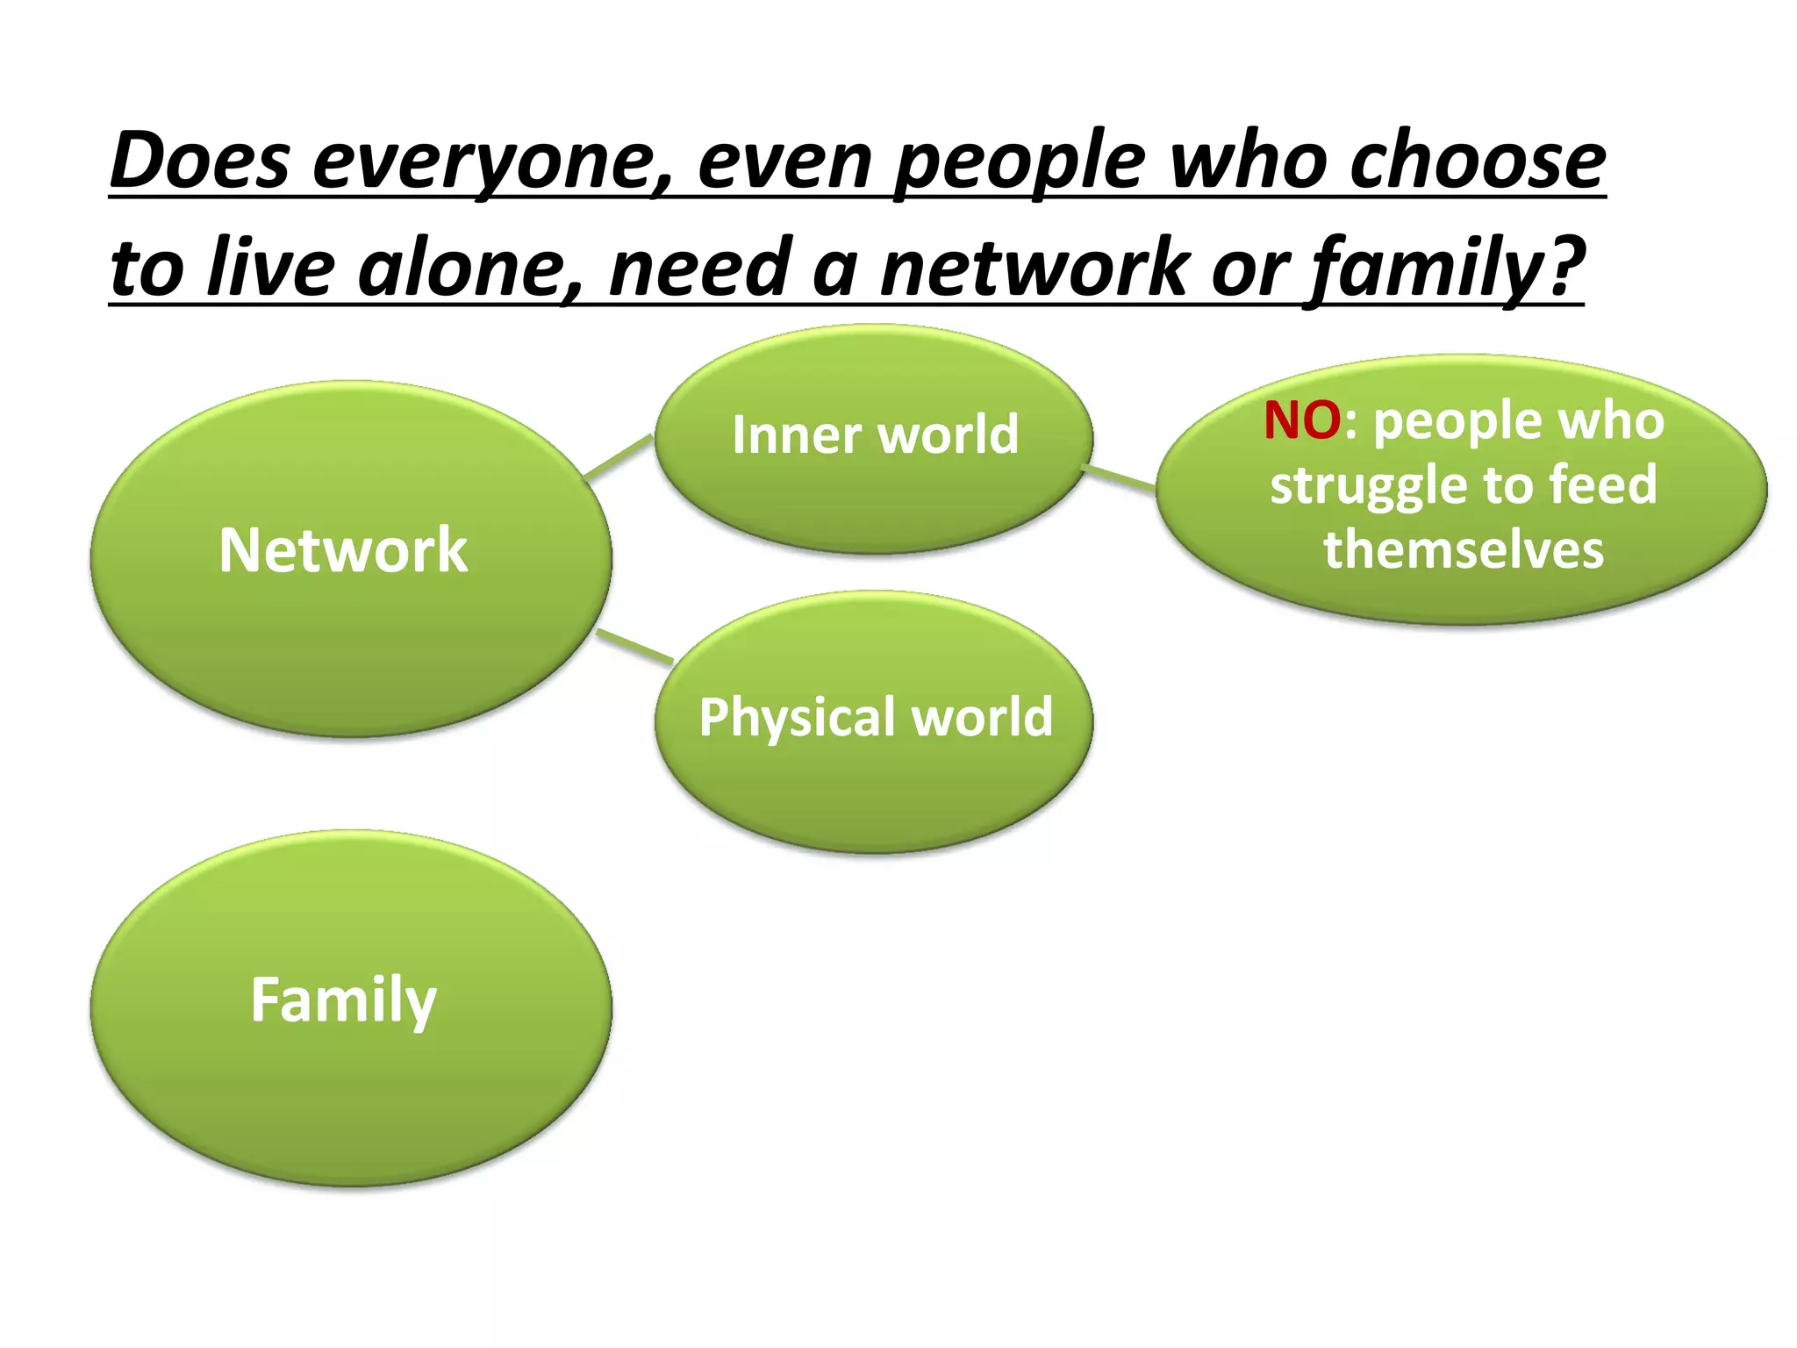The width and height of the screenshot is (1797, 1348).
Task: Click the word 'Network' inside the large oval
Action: click(343, 551)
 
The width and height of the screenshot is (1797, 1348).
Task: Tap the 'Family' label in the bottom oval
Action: click(343, 1000)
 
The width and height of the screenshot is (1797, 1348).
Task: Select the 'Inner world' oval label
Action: click(875, 434)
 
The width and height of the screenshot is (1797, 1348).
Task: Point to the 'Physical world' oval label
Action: click(875, 717)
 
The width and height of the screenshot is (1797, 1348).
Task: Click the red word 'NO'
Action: click(1302, 420)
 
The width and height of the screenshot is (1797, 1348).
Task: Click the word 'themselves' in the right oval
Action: click(1464, 550)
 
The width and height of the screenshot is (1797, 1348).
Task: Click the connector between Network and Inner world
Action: click(619, 457)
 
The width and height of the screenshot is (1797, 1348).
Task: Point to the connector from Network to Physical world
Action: click(634, 646)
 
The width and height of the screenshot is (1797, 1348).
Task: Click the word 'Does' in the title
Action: click(200, 161)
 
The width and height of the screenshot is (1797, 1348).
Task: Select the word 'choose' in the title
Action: click(1478, 161)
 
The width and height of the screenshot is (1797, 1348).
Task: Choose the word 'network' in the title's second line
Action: click(1036, 268)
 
